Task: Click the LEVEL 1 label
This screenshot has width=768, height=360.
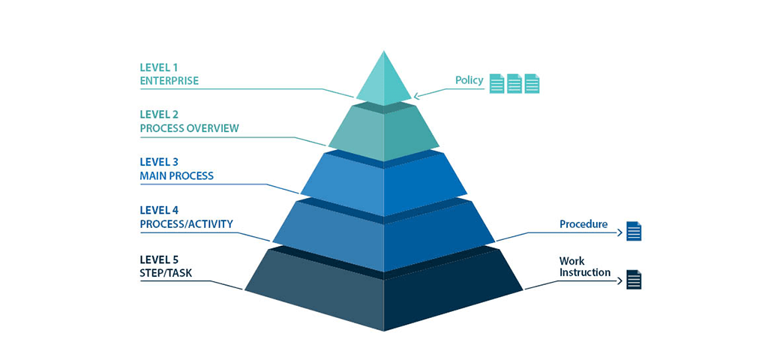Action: click(x=158, y=67)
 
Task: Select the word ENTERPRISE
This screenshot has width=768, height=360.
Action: click(x=169, y=81)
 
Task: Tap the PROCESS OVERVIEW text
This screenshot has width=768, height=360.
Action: click(x=189, y=128)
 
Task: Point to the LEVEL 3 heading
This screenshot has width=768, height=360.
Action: click(x=159, y=162)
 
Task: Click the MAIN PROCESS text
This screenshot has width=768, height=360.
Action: click(x=176, y=176)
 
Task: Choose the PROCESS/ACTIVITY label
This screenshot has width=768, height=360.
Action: click(x=186, y=224)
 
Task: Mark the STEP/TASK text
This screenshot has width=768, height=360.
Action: click(x=166, y=273)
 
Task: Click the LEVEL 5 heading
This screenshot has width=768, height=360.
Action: click(x=159, y=259)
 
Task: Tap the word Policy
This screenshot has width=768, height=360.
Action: click(x=469, y=80)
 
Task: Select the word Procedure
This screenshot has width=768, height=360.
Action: click(x=583, y=224)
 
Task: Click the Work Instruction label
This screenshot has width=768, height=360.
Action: click(x=584, y=267)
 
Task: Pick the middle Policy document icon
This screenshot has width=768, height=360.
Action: click(x=514, y=83)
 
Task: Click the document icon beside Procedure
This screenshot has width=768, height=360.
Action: click(x=634, y=231)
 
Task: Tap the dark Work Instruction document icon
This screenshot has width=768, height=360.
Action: click(x=634, y=280)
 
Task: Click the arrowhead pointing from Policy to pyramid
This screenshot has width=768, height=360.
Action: click(x=416, y=95)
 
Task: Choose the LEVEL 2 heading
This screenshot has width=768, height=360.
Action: click(x=159, y=115)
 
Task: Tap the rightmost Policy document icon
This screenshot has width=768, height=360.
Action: click(x=532, y=83)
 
